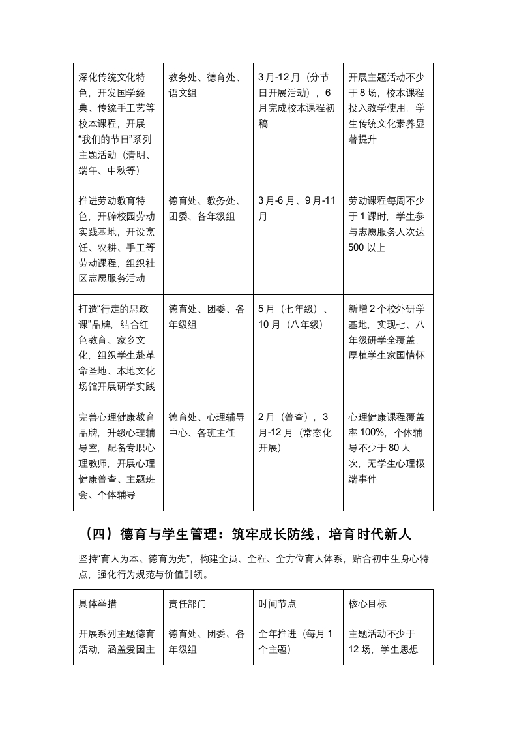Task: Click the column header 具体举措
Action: (x=98, y=604)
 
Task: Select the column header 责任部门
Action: (x=187, y=604)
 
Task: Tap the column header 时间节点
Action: (x=277, y=604)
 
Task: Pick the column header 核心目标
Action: (x=367, y=604)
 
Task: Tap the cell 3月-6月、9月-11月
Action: (x=297, y=208)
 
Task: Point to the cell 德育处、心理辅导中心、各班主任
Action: (x=207, y=425)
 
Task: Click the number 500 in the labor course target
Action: (x=358, y=248)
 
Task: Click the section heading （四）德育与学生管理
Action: (x=248, y=534)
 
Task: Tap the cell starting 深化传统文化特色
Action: (x=117, y=124)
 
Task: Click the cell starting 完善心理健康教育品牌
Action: (x=117, y=456)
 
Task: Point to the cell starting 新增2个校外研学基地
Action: (x=387, y=332)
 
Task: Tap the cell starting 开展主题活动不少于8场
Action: (x=387, y=108)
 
